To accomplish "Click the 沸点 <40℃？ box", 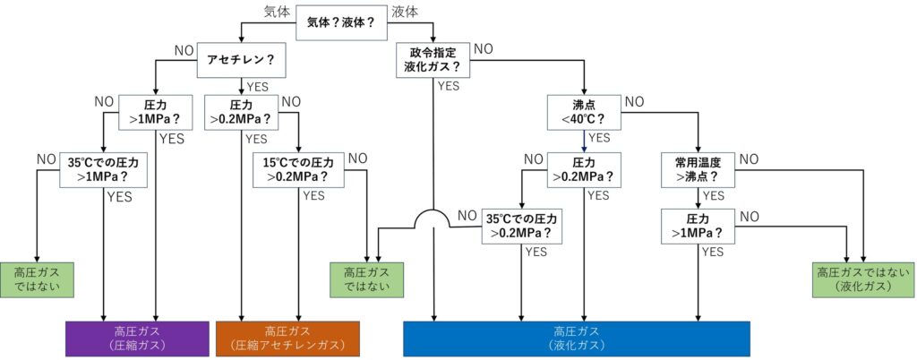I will [x=585, y=111].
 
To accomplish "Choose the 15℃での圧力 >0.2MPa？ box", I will [x=299, y=169].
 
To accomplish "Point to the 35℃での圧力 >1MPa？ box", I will [x=105, y=169].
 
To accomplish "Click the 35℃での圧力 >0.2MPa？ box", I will [x=521, y=226].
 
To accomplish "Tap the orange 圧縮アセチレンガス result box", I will [x=287, y=338].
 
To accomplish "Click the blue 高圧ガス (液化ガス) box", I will [x=576, y=338].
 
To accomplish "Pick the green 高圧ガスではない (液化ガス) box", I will [x=862, y=279].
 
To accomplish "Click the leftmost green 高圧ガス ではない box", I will [x=37, y=279].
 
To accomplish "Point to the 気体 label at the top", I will [x=278, y=12].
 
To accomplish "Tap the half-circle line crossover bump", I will [x=433, y=219].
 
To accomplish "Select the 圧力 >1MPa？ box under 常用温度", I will [x=698, y=226].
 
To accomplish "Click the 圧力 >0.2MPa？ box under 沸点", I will [x=585, y=169].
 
